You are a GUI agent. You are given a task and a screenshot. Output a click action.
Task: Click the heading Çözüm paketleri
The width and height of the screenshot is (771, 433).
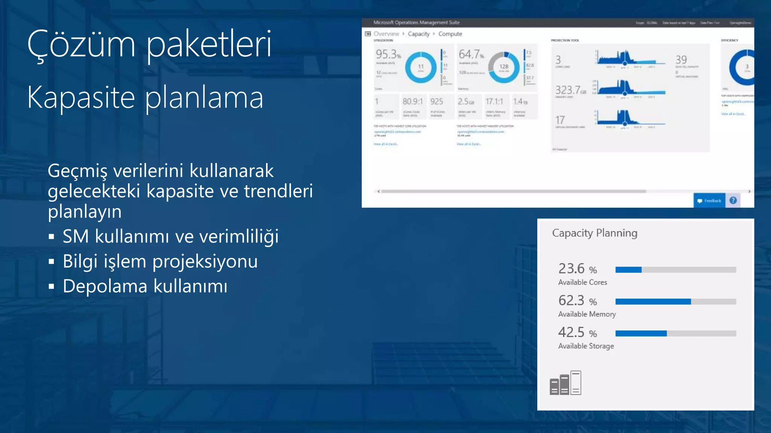[x=149, y=44]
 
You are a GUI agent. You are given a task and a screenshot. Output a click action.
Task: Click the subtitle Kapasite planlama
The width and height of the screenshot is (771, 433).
[x=145, y=97]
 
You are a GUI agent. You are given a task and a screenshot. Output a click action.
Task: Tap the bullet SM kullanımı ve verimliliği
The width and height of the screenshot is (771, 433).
[x=170, y=236]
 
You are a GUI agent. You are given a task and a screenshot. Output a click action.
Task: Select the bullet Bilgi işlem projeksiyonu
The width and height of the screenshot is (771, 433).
[x=160, y=261]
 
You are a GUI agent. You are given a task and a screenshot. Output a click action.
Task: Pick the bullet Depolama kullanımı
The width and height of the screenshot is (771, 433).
[x=145, y=286]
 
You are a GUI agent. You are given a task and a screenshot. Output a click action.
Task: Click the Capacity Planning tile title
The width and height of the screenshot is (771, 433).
[x=594, y=233]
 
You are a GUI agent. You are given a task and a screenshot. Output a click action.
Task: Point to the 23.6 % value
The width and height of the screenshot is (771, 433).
[x=577, y=269]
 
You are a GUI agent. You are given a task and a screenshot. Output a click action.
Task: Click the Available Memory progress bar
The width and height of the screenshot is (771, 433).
[x=675, y=301]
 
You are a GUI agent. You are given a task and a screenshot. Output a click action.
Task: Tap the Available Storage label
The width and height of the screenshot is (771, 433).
[x=586, y=346]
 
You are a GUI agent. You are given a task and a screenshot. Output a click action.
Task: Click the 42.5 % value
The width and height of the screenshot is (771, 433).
[x=577, y=332]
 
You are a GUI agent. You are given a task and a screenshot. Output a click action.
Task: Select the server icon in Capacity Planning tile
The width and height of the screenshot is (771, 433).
[x=565, y=383]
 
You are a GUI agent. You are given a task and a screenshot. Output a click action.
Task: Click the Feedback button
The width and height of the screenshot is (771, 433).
[x=709, y=201]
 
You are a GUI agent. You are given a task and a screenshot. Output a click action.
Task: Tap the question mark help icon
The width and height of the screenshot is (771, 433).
[x=733, y=200]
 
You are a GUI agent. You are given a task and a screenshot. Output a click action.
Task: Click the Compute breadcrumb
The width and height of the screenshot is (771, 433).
[x=450, y=34]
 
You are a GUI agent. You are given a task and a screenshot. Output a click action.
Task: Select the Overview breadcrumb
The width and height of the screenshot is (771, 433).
[x=386, y=34]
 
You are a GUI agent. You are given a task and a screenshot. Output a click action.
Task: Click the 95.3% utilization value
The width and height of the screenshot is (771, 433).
[x=388, y=55]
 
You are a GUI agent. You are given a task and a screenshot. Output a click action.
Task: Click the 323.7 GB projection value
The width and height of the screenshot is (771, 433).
[x=570, y=90]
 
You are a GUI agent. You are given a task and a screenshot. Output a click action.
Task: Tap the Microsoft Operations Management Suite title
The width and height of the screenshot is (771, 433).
[x=416, y=23]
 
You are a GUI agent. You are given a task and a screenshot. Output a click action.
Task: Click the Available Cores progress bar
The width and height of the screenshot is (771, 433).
[x=675, y=269]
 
